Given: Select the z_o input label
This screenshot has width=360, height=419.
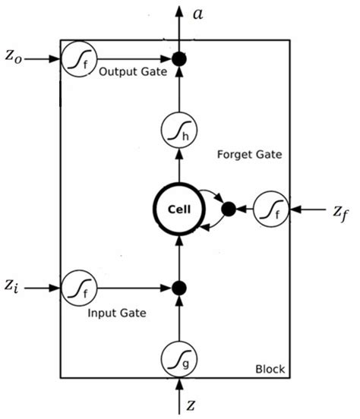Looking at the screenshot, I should (13, 58).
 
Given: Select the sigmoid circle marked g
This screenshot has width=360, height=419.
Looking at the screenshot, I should (180, 358).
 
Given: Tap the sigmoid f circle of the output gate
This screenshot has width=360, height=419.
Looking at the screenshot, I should (78, 58).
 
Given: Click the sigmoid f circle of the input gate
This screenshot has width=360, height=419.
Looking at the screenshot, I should (78, 288).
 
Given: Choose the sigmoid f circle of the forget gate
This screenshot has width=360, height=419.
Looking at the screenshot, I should (270, 207).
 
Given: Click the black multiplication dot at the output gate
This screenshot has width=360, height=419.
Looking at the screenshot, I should (180, 58).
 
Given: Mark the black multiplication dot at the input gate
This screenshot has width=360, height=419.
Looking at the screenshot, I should (180, 288).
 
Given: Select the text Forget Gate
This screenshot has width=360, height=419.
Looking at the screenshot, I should (249, 154).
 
